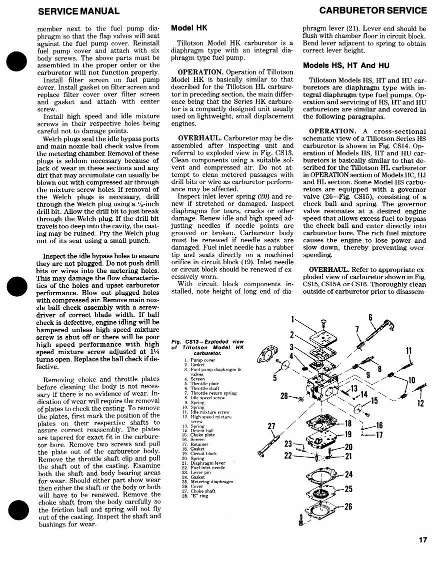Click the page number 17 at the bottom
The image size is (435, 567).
point(423,540)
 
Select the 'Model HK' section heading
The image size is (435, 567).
point(189,28)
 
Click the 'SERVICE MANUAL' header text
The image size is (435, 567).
point(78,10)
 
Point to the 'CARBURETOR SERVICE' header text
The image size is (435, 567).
point(373,10)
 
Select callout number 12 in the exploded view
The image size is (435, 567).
point(420,403)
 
